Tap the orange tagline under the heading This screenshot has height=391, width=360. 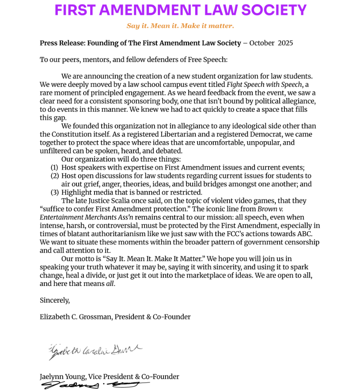[180, 26]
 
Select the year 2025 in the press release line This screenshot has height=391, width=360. [285, 43]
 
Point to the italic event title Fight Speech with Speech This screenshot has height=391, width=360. [264, 84]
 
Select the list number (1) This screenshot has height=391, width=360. [54, 168]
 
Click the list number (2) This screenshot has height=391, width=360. [54, 176]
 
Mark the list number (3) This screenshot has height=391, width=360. [54, 192]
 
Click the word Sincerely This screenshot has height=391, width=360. [55, 300]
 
